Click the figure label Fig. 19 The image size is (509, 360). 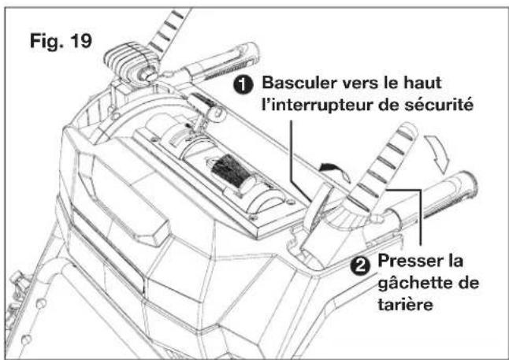pos(61,41)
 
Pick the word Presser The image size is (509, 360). pos(409,260)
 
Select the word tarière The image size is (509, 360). pos(406,304)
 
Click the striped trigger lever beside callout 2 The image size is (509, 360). pos(384,165)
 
